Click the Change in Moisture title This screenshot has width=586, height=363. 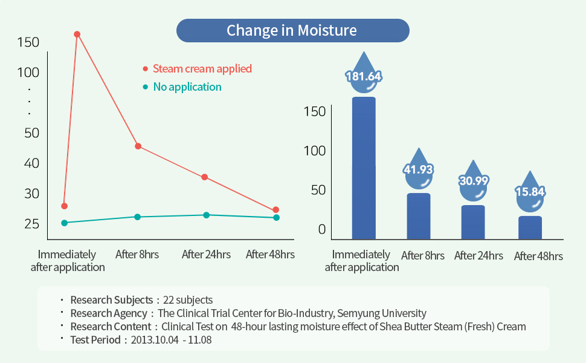tap(292, 30)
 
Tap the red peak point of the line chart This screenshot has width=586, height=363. tap(77, 34)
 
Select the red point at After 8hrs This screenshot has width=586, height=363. tap(138, 146)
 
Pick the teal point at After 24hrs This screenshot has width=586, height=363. tap(206, 215)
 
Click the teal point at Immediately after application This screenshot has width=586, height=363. tap(64, 223)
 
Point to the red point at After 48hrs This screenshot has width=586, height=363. tap(276, 210)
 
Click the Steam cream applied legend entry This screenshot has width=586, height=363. tap(202, 69)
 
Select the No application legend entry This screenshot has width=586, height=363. tap(187, 87)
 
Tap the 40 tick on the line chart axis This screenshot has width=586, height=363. tap(31, 163)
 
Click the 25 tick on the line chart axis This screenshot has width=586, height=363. tap(31, 224)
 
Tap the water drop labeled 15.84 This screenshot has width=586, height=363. tap(530, 192)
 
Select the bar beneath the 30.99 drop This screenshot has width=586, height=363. tap(473, 222)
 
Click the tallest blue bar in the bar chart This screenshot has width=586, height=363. tap(364, 168)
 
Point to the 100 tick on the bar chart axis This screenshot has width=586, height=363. tap(315, 151)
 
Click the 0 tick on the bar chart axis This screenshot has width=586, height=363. tap(321, 229)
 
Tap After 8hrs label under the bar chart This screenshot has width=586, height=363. tap(423, 256)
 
